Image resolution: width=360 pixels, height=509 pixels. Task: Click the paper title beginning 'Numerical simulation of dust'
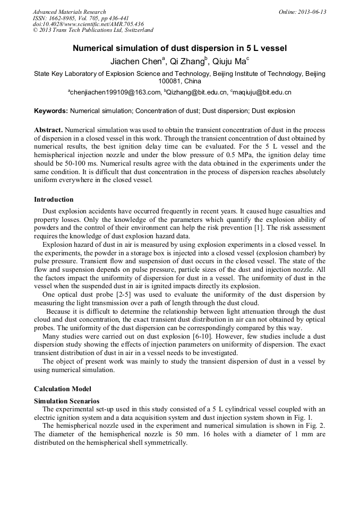pyautogui.click(x=179, y=48)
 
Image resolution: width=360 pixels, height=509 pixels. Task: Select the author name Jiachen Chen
pyautogui.click(x=136, y=62)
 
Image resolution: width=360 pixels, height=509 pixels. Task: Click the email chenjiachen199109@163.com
pyautogui.click(x=115, y=93)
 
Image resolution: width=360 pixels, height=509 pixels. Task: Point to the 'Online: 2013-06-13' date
pyautogui.click(x=302, y=12)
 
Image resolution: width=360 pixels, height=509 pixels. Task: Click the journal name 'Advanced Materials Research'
pyautogui.click(x=69, y=12)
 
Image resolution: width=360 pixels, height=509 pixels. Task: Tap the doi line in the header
pyautogui.click(x=88, y=24)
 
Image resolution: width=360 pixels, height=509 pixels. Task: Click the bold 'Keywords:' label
pyautogui.click(x=50, y=111)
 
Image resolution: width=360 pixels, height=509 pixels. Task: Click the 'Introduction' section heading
pyautogui.click(x=54, y=200)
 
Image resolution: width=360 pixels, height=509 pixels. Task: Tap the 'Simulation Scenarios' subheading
pyautogui.click(x=66, y=401)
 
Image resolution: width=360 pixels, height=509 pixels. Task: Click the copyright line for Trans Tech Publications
pyautogui.click(x=93, y=31)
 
